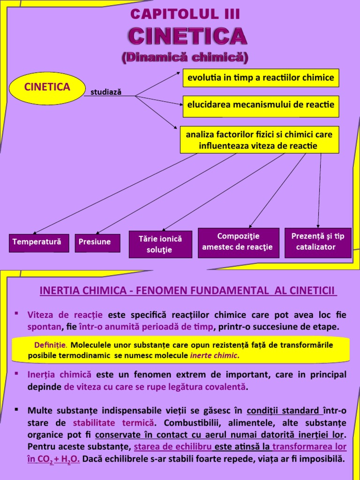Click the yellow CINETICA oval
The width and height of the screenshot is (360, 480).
[47, 87]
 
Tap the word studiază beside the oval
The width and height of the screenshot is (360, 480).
[105, 92]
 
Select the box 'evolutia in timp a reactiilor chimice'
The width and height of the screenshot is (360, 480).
[261, 77]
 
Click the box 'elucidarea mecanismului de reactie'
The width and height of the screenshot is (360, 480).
[261, 105]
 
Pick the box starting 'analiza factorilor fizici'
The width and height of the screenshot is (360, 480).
[259, 140]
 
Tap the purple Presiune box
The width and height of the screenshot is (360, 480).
[95, 242]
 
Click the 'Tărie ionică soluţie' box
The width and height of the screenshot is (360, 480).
[160, 244]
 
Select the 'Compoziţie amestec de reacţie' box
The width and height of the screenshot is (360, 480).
[238, 242]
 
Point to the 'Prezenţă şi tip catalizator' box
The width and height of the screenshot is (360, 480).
[317, 242]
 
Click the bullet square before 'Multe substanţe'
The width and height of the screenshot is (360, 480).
[16, 409]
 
